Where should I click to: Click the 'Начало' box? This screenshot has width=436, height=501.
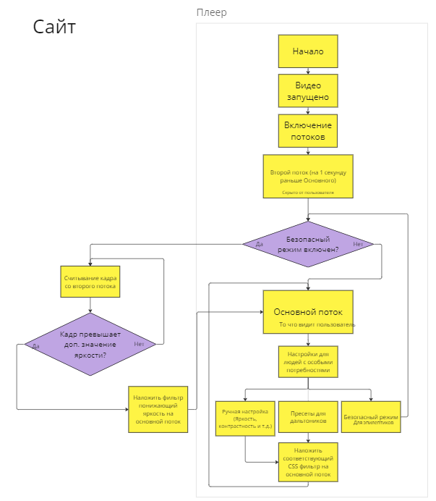[x=308, y=52]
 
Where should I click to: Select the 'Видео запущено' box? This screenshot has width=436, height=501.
[x=308, y=91]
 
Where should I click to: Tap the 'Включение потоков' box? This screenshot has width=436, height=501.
[x=308, y=131]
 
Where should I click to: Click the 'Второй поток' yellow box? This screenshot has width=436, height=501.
[x=308, y=176]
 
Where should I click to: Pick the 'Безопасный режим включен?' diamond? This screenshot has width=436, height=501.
[x=308, y=244]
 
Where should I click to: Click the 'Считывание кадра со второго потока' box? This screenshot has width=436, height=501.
[x=90, y=282]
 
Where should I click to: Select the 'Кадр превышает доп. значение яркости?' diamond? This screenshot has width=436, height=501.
[x=90, y=345]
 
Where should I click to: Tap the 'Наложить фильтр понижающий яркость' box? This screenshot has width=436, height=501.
[x=158, y=409]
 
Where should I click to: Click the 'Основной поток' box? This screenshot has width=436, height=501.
[x=308, y=313]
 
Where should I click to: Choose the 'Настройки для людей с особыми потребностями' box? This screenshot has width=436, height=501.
[x=308, y=361]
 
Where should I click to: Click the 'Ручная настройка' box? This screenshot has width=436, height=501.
[x=245, y=417]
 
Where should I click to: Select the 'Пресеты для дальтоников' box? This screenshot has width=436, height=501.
[x=308, y=417]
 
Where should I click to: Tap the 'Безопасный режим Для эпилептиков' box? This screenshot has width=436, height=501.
[x=371, y=417]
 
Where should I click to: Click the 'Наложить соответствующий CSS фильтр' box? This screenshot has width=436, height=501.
[x=308, y=463]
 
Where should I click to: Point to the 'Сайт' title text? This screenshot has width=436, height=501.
[x=54, y=28]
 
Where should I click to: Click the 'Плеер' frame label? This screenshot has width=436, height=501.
[x=211, y=12]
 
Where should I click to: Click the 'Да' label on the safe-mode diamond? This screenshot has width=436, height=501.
[x=259, y=245]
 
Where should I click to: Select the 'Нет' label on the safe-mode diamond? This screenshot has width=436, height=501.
[x=357, y=245]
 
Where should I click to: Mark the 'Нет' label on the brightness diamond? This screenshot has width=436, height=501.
[x=139, y=344]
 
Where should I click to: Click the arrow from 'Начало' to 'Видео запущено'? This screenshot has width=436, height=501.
[x=308, y=71]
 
